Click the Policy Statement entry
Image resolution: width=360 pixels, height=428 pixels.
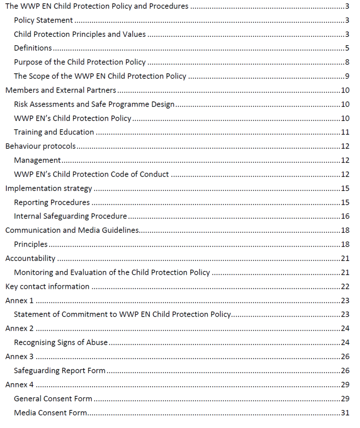click(43, 20)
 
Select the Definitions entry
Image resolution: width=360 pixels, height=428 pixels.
click(33, 48)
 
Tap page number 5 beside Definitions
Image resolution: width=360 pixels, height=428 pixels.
click(347, 48)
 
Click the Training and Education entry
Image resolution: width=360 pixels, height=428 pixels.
click(54, 132)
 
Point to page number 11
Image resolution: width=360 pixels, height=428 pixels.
click(345, 132)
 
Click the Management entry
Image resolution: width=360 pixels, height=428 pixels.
click(37, 160)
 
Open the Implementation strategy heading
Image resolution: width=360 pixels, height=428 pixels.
click(48, 188)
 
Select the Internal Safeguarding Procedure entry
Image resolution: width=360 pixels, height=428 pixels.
click(70, 217)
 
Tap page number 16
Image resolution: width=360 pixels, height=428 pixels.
click(345, 217)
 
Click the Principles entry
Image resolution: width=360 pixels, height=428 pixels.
click(31, 245)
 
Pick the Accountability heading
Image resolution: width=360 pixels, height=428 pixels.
click(30, 259)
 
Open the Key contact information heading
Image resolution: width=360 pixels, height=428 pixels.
click(47, 287)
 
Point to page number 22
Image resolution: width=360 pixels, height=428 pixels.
click(345, 287)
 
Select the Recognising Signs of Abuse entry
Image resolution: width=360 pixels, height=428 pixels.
click(61, 343)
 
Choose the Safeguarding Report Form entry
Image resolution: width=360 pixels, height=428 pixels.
click(59, 371)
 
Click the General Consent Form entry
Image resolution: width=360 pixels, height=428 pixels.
click(53, 399)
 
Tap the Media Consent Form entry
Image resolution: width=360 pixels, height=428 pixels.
click(50, 413)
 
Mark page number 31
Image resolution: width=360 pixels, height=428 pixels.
click(345, 413)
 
